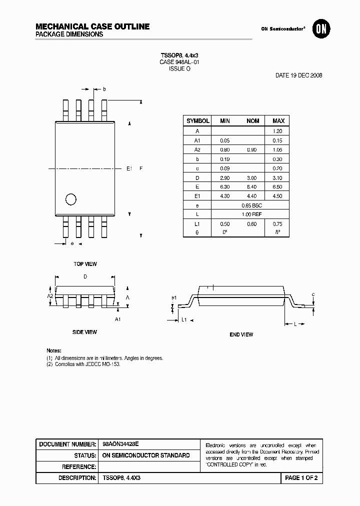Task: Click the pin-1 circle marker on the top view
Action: click(71, 199)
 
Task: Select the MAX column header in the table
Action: click(278, 121)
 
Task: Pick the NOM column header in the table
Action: click(252, 121)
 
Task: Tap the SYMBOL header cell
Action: click(198, 121)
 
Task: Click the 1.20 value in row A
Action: click(278, 131)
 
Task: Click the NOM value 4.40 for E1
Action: click(251, 196)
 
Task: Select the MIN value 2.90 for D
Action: click(225, 178)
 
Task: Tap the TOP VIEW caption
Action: click(85, 264)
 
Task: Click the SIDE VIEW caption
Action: click(84, 332)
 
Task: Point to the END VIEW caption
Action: click(241, 334)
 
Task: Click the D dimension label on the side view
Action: click(85, 276)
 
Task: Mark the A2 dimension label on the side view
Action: click(50, 296)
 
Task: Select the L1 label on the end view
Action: click(183, 319)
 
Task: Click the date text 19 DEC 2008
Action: click(299, 75)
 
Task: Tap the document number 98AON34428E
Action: click(120, 444)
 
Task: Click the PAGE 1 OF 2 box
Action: click(301, 478)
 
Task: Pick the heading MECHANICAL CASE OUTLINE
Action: click(92, 26)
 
